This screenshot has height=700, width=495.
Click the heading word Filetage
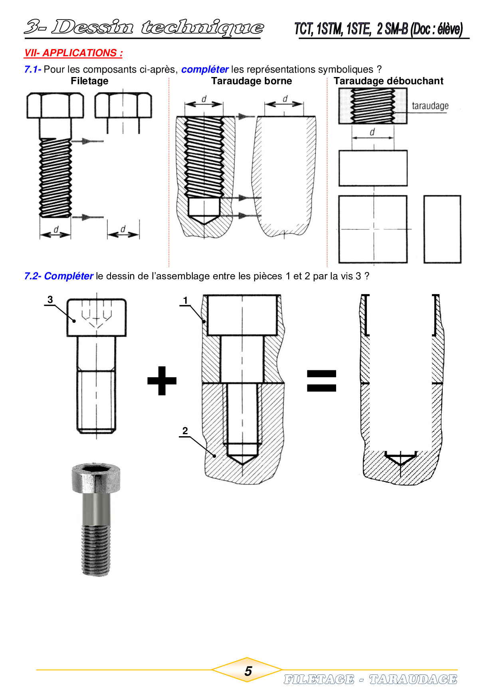[89, 81]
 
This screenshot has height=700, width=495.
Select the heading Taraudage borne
[251, 81]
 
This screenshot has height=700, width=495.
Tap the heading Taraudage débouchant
[388, 81]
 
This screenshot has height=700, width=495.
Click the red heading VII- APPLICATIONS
[73, 53]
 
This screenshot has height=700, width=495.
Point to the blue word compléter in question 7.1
[205, 69]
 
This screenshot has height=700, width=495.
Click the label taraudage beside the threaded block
[430, 106]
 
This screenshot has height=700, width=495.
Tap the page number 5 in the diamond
[248, 671]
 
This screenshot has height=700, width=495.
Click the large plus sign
[162, 381]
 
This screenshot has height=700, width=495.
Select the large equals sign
[321, 381]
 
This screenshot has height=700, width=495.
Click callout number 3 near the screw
[50, 299]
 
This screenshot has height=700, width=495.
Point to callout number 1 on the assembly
[185, 300]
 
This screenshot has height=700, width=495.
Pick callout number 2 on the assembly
[185, 431]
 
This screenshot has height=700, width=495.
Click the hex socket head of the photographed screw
[96, 477]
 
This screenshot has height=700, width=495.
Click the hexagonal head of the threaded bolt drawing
[55, 106]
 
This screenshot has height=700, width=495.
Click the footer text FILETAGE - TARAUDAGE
[370, 679]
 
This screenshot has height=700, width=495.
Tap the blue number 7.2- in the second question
[33, 276]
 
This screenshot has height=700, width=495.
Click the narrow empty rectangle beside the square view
[442, 229]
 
